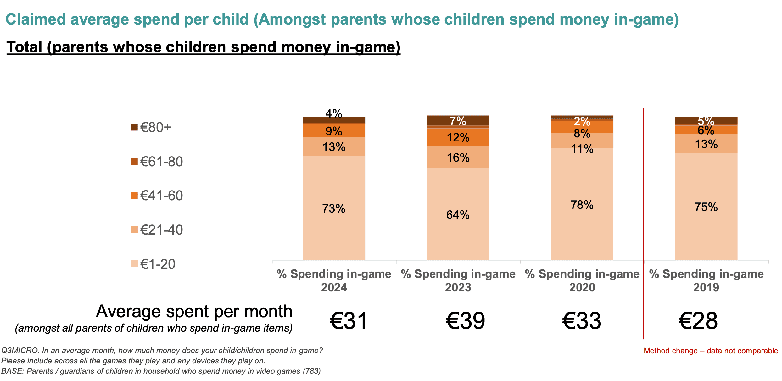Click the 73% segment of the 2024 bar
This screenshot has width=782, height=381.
click(x=334, y=208)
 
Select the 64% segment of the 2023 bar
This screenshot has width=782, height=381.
click(x=458, y=215)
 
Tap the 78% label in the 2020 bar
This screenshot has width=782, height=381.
click(x=582, y=205)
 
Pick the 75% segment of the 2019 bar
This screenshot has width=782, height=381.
click(x=706, y=207)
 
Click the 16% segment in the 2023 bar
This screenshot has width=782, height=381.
click(x=458, y=157)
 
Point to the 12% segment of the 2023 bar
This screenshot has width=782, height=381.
click(x=458, y=137)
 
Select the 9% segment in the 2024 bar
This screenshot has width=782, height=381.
click(x=334, y=131)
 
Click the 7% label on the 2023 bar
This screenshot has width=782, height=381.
click(x=458, y=121)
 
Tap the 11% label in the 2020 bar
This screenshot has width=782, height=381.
click(x=582, y=149)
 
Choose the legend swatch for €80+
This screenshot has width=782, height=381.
click(x=134, y=127)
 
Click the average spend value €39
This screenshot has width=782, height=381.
click(x=465, y=321)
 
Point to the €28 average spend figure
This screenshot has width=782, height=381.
click(x=698, y=321)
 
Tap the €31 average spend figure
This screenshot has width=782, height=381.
click(x=349, y=321)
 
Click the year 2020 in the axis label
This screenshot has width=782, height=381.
click(x=582, y=287)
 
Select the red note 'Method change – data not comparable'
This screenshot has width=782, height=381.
click(x=711, y=351)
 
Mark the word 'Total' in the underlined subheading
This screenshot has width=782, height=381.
click(x=24, y=47)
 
